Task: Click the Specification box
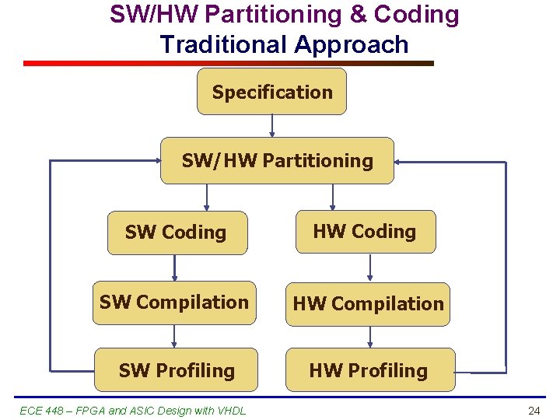(x=271, y=92)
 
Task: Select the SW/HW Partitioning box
(x=277, y=161)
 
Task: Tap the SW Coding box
(x=177, y=233)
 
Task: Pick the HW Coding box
(x=365, y=231)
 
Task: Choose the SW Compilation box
(x=174, y=303)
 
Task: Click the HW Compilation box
(x=368, y=304)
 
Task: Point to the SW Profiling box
(x=177, y=370)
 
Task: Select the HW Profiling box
(x=369, y=370)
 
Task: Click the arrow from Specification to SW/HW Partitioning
(x=272, y=126)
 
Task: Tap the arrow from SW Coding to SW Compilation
(x=175, y=268)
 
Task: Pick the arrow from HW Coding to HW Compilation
(x=370, y=268)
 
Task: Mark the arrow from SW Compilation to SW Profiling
(x=175, y=336)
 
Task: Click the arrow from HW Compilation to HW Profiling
(x=370, y=337)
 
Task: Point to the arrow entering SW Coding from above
(x=207, y=198)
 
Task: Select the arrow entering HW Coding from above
(x=333, y=197)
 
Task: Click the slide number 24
(x=534, y=411)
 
